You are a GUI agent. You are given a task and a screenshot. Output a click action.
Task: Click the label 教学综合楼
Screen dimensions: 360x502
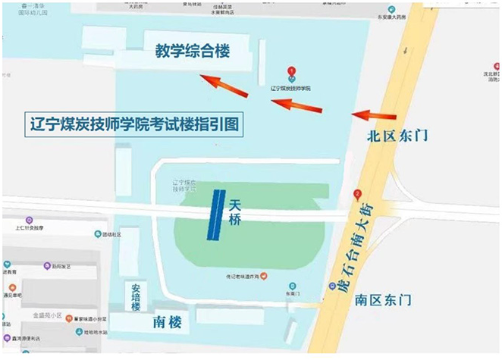192,52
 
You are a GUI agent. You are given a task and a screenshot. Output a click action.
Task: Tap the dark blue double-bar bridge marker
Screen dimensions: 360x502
217,214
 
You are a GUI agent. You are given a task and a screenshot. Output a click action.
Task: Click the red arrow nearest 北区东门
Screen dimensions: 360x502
372,115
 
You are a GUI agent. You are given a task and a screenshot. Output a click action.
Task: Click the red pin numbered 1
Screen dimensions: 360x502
291,72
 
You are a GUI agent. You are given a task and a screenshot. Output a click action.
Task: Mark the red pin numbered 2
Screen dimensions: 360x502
358,193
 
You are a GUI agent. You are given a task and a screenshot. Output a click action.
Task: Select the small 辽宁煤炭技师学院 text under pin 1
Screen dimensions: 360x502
291,89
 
